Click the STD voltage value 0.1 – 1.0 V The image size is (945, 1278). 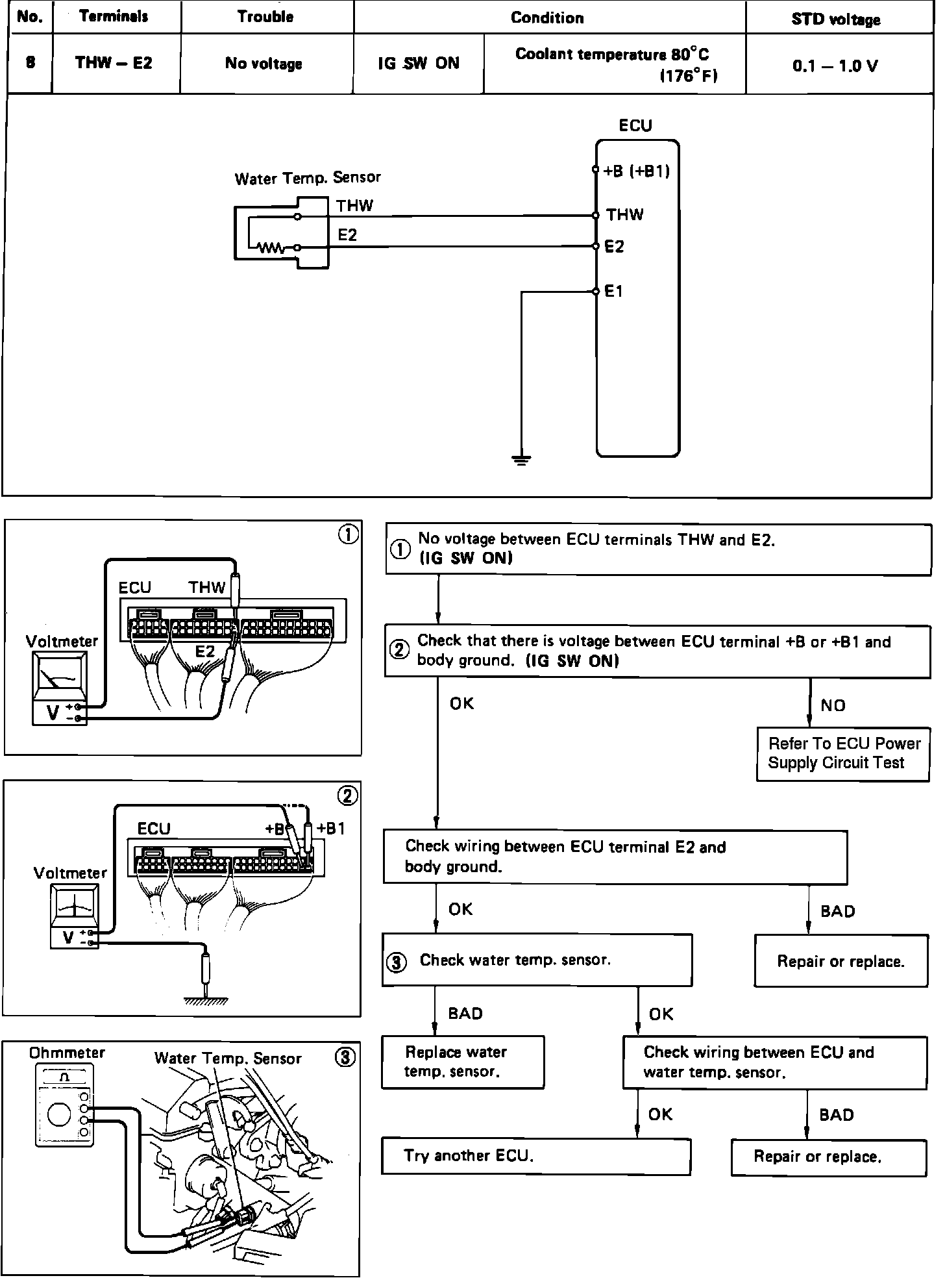pyautogui.click(x=835, y=66)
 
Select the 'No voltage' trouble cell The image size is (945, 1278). pyautogui.click(x=264, y=64)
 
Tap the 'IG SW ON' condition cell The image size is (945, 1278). pyautogui.click(x=419, y=64)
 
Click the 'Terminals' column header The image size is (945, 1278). pyautogui.click(x=114, y=17)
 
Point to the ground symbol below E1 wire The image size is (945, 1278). pyautogui.click(x=521, y=460)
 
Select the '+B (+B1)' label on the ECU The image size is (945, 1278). pyautogui.click(x=636, y=171)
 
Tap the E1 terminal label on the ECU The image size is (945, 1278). pyautogui.click(x=613, y=292)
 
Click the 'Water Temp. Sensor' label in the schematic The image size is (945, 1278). pyautogui.click(x=307, y=178)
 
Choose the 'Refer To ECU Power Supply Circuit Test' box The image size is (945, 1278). pyautogui.click(x=843, y=753)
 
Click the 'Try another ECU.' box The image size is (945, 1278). pyautogui.click(x=535, y=1156)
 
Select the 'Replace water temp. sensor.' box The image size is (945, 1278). pyautogui.click(x=462, y=1062)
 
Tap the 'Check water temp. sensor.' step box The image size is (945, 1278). pyautogui.click(x=537, y=960)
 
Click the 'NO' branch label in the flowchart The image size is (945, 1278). pyautogui.click(x=833, y=706)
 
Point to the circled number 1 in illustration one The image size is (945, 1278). pyautogui.click(x=349, y=534)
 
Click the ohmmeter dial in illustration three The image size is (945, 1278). pyautogui.click(x=59, y=1115)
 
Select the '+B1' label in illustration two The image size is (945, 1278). pyautogui.click(x=331, y=829)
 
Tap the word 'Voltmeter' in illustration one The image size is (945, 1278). pyautogui.click(x=62, y=642)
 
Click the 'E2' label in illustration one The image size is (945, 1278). pyautogui.click(x=205, y=651)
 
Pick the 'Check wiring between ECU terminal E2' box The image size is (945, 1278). pyautogui.click(x=615, y=857)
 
